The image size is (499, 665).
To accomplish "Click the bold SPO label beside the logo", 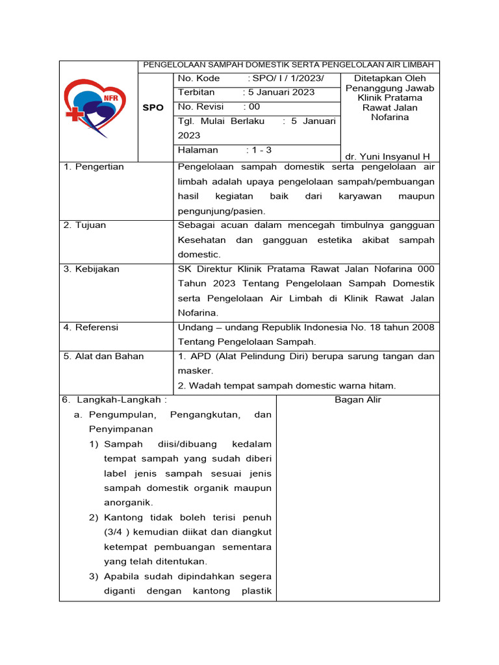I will coord(153,108).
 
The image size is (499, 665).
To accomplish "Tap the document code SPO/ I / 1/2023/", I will coord(286,78).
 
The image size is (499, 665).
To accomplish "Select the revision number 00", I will coord(253,107).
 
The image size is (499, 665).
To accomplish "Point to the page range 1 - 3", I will coord(260,149).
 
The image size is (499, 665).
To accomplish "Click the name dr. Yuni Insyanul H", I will coord(388,157).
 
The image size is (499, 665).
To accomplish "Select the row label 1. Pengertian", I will coord(94,167).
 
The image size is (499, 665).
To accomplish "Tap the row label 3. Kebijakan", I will coord(92,269).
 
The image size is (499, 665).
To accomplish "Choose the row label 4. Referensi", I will coord(91,327).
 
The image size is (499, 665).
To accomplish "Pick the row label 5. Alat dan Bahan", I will coord(104,356).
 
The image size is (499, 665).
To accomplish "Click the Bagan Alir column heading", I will coord(357,399).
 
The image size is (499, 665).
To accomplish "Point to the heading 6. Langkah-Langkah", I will coord(116,399).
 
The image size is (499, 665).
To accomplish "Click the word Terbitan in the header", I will coord(196,92).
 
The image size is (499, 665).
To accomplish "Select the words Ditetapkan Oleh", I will coord(390,78).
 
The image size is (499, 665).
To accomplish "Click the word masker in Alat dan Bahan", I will coord(196,370).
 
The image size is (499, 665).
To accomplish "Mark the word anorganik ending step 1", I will coord(128,502).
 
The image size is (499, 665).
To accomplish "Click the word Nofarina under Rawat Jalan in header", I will coord(390,118).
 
